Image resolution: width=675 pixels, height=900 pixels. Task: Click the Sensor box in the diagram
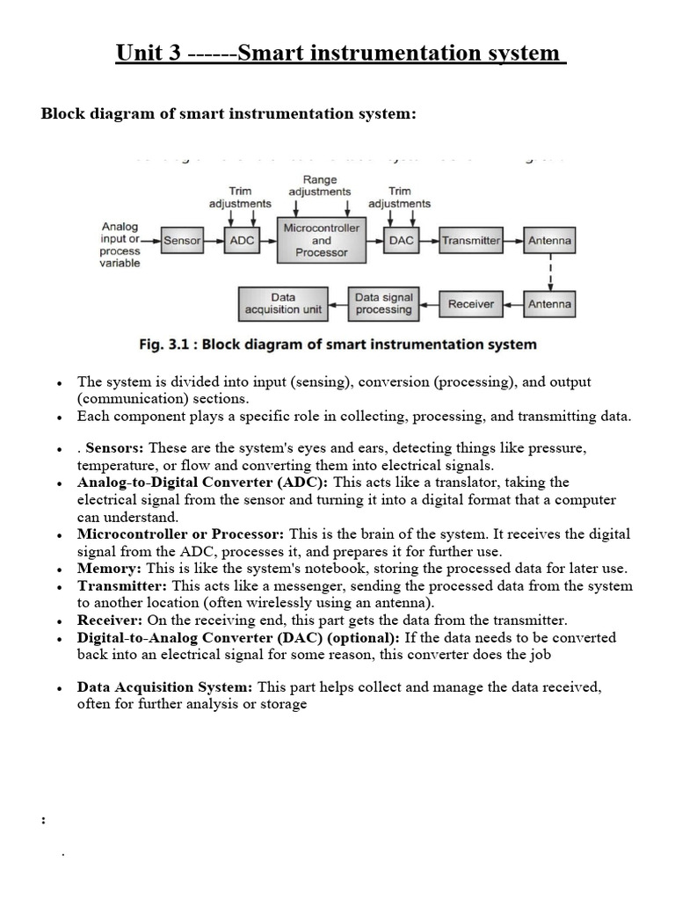(x=183, y=240)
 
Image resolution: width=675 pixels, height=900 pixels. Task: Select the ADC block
(x=242, y=240)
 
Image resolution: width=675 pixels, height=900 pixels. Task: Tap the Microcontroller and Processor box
(x=322, y=240)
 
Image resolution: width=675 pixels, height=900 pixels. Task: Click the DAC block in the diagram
(x=401, y=240)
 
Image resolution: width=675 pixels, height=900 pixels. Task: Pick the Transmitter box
(x=471, y=240)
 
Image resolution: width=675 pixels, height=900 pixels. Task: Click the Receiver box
(x=471, y=304)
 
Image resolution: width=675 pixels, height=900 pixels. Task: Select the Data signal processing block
(x=383, y=304)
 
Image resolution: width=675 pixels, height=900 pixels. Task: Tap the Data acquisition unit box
(x=283, y=304)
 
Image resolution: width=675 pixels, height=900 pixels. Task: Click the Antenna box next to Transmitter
(x=549, y=240)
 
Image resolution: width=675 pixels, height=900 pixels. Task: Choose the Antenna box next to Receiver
(x=549, y=304)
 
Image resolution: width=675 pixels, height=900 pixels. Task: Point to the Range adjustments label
(x=320, y=185)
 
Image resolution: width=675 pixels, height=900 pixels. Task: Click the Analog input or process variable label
(x=120, y=245)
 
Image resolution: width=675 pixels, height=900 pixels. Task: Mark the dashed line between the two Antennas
(x=550, y=272)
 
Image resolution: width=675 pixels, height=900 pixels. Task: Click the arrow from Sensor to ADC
(x=214, y=240)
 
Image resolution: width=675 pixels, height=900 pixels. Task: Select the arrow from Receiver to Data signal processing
(x=428, y=305)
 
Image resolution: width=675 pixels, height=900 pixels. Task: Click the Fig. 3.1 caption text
(x=337, y=344)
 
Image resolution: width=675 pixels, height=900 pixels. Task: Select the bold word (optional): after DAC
(x=361, y=637)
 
